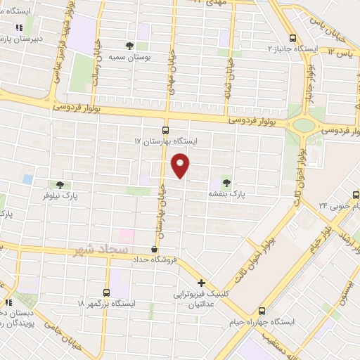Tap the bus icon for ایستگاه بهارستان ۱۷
tap(165, 130)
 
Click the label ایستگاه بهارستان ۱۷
tap(167, 141)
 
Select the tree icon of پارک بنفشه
tap(226, 180)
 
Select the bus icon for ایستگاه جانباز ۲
tap(293, 39)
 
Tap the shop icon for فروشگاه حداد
tap(155, 249)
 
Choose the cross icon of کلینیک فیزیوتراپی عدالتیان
tap(202, 283)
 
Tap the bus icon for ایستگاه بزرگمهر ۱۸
tap(106, 292)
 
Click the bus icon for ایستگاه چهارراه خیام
tap(262, 310)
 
